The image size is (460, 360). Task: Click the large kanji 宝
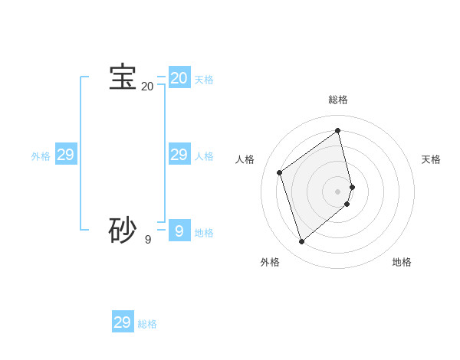pos(123,77)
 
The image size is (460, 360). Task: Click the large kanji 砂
pos(123,230)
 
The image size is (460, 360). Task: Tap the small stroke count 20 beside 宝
pos(147,87)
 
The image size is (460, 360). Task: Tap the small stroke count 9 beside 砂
pos(148,240)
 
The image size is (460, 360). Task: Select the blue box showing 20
pos(179,78)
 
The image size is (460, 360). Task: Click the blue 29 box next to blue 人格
pos(179,155)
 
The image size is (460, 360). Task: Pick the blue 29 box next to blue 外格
pos(66,155)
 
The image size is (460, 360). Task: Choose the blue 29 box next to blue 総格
pos(123,322)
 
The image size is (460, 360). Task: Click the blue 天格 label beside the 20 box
pos(204,80)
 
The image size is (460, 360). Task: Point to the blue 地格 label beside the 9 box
pos(204,233)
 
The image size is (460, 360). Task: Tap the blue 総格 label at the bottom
pos(147,324)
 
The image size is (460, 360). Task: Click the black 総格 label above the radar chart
pos(338,100)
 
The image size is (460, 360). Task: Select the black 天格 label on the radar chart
pos(431,159)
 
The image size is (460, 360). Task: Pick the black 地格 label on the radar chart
pos(402,262)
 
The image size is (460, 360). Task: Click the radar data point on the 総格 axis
pos(338,130)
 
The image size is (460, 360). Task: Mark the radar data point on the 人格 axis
pos(280,172)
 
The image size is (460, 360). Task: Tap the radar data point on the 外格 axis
pos(301,242)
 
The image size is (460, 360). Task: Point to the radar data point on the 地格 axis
pos(347,204)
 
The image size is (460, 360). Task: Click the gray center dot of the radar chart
pos(338,191)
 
